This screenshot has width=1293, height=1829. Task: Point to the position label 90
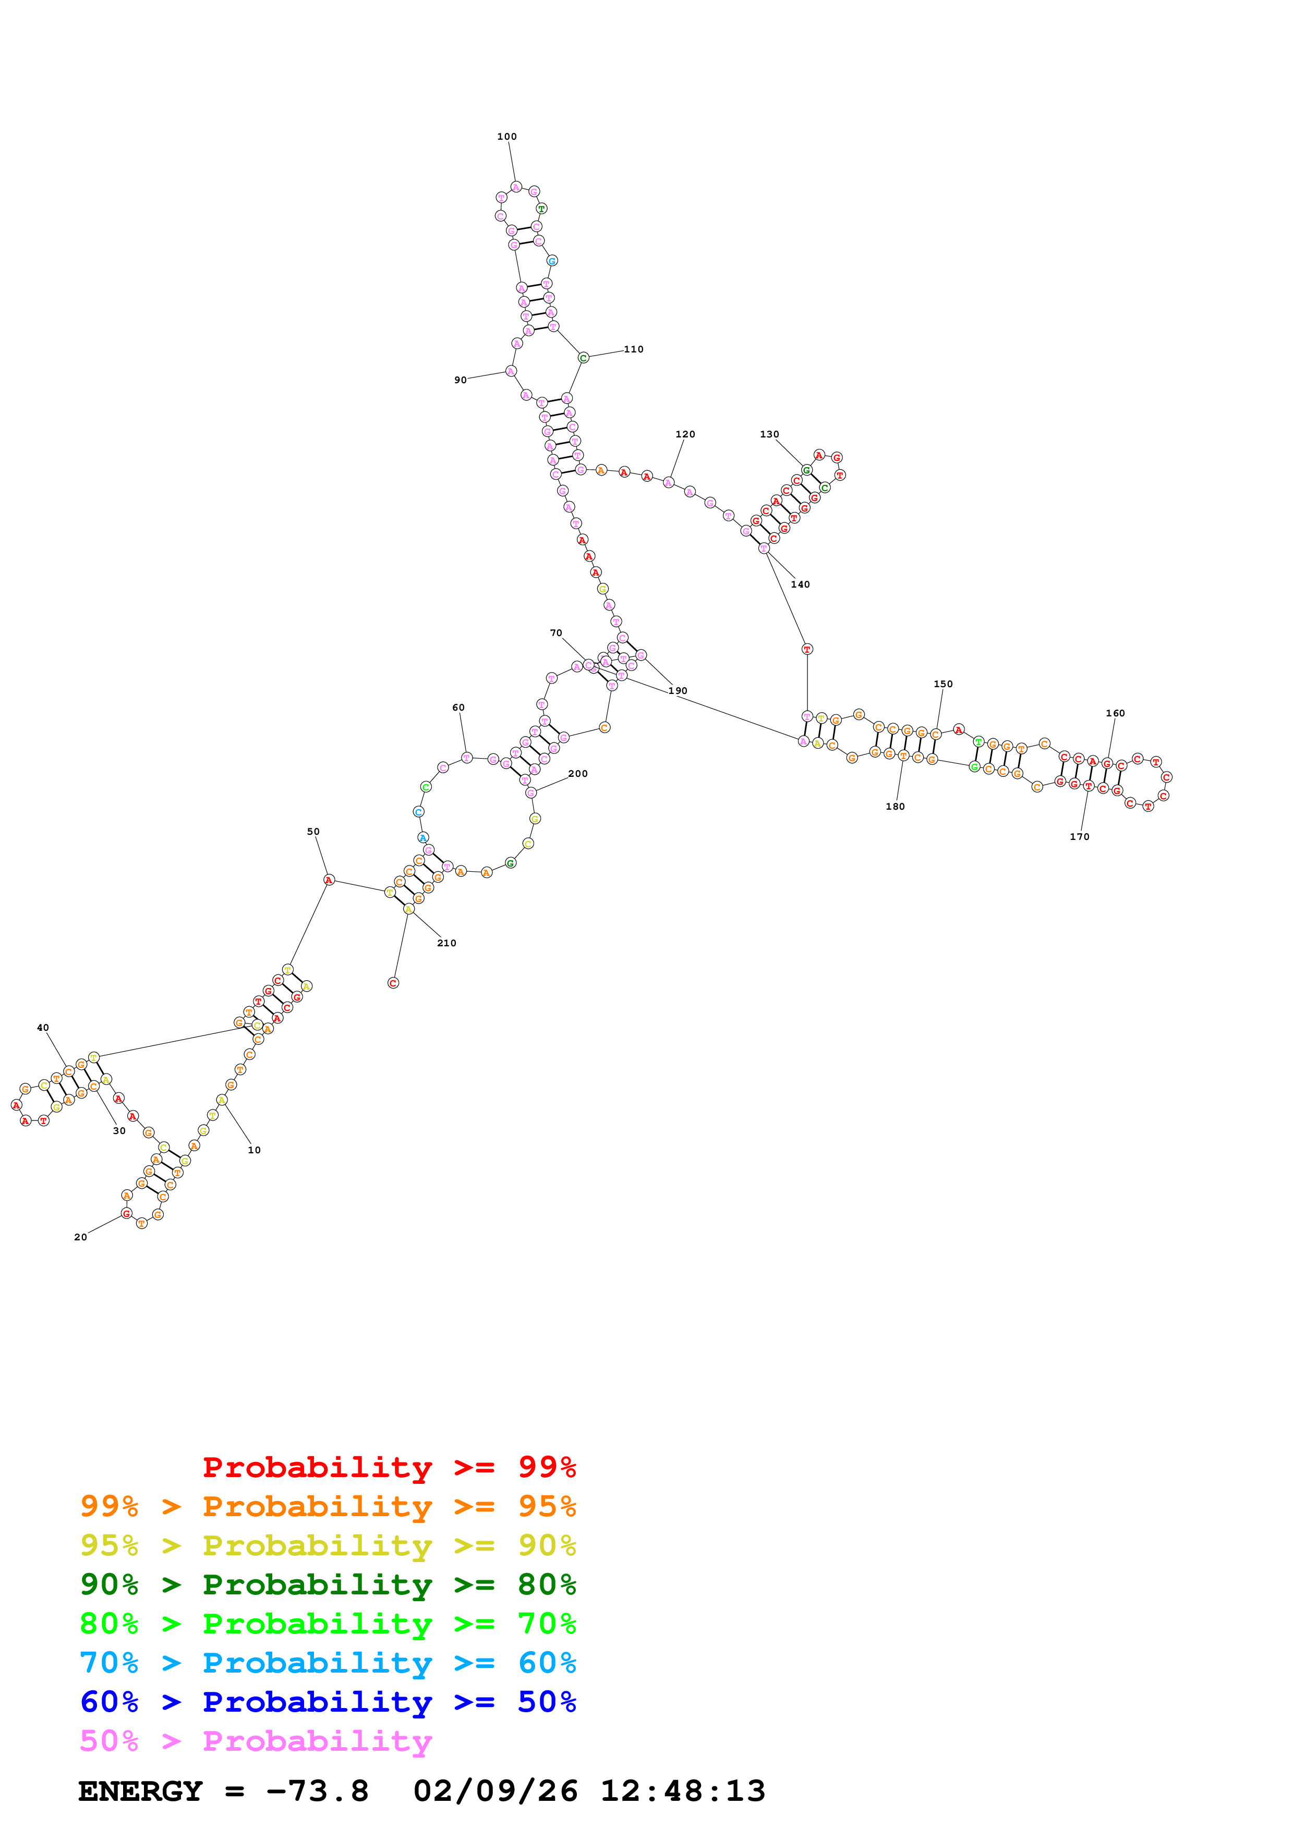pyautogui.click(x=461, y=380)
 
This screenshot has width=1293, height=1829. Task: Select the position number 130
pyautogui.click(x=769, y=435)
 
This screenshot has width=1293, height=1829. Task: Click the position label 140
pyautogui.click(x=800, y=584)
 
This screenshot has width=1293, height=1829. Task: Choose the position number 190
pyautogui.click(x=678, y=691)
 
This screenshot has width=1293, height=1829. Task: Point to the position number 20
pyautogui.click(x=80, y=1238)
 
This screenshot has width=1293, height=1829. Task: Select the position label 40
pyautogui.click(x=43, y=1028)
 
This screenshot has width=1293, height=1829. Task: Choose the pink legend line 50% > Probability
pyautogui.click(x=256, y=1741)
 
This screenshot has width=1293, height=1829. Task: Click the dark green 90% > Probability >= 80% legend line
pyautogui.click(x=328, y=1585)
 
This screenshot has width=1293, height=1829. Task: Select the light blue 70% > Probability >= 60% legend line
pyautogui.click(x=328, y=1663)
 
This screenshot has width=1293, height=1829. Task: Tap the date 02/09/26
pyautogui.click(x=496, y=1791)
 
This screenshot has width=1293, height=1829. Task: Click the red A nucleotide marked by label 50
pyautogui.click(x=328, y=880)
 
